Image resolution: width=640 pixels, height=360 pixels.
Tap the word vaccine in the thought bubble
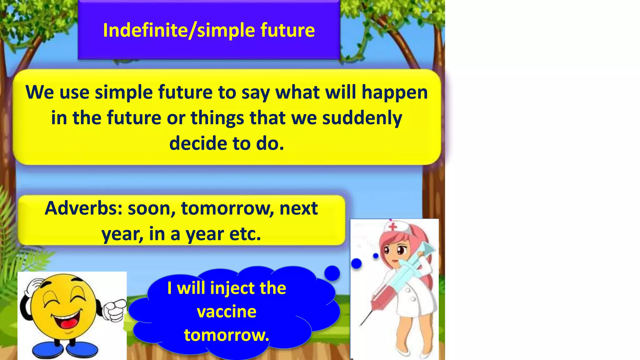click(x=227, y=312)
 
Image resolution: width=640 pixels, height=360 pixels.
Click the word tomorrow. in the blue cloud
click(x=227, y=335)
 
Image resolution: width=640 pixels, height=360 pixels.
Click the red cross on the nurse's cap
click(x=393, y=226)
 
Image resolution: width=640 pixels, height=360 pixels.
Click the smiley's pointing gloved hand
click(x=114, y=309)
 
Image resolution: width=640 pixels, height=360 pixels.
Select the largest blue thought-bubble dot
click(x=332, y=273)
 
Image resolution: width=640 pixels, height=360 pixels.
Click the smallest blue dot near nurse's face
click(x=376, y=256)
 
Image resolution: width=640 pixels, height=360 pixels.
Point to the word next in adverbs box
click(x=298, y=208)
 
